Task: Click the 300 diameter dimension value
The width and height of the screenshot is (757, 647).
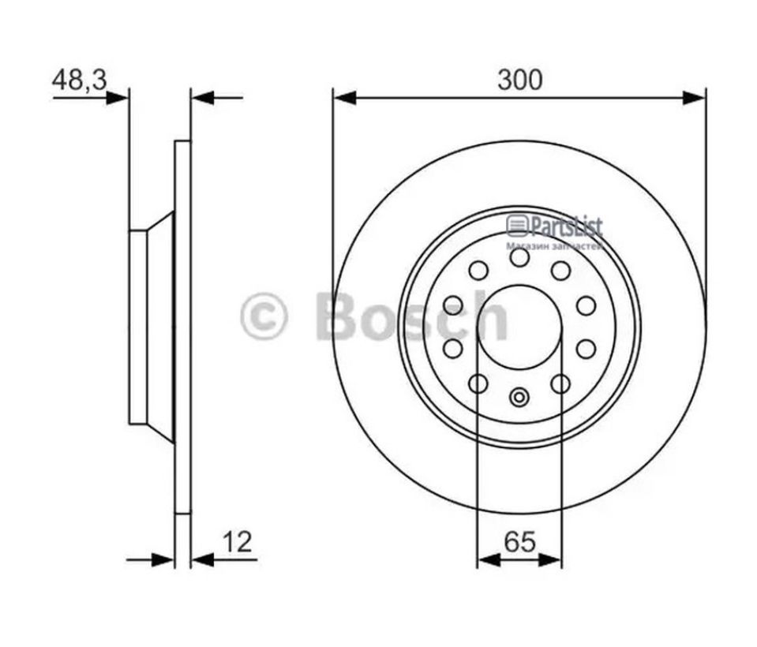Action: click(x=519, y=80)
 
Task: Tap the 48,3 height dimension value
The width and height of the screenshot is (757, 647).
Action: click(x=79, y=80)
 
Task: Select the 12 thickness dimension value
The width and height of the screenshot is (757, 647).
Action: click(x=237, y=541)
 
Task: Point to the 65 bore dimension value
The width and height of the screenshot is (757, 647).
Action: click(x=519, y=541)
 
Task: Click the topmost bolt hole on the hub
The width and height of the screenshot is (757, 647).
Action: click(x=519, y=257)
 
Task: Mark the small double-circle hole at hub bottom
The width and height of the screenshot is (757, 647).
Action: click(x=519, y=397)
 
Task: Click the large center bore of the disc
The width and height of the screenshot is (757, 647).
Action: click(x=519, y=327)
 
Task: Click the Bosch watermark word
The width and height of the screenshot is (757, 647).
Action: click(x=410, y=316)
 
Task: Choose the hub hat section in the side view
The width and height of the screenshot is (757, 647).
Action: click(x=150, y=327)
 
